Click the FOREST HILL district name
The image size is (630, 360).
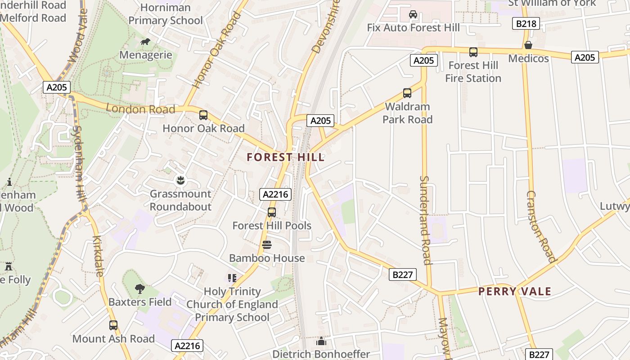(x=285, y=157)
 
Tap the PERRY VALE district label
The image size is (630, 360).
(x=514, y=291)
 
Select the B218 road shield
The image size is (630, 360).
(x=526, y=23)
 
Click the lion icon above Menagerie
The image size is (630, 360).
(x=145, y=42)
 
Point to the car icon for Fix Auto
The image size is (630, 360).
(x=413, y=14)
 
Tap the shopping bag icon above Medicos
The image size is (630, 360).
(x=528, y=45)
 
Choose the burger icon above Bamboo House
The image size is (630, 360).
(x=267, y=245)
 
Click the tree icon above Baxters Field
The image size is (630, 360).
(x=140, y=288)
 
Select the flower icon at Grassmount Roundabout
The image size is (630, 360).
(x=180, y=181)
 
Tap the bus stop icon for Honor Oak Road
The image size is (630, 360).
(x=203, y=115)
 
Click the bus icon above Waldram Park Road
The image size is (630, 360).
(x=407, y=93)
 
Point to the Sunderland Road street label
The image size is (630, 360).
(x=425, y=220)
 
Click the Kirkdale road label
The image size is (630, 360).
(x=99, y=256)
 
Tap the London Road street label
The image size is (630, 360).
(x=140, y=109)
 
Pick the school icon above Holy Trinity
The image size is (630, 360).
(x=232, y=278)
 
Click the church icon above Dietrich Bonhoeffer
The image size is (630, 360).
(x=321, y=342)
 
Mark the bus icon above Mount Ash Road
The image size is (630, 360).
(x=113, y=325)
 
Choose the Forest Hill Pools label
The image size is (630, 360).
(x=272, y=225)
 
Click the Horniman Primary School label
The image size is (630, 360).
(x=166, y=14)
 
